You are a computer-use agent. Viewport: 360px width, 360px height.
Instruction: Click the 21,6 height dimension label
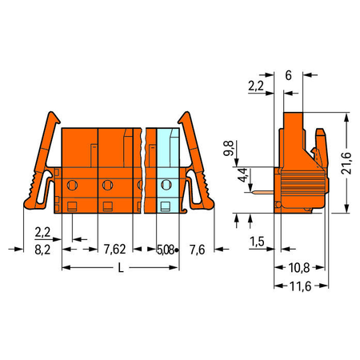pyautogui.click(x=346, y=163)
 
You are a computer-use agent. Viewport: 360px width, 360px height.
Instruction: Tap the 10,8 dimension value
pyautogui.click(x=299, y=268)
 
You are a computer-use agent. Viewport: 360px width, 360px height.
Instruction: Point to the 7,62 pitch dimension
pyautogui.click(x=114, y=250)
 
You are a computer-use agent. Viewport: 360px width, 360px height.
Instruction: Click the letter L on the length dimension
pyautogui.click(x=121, y=268)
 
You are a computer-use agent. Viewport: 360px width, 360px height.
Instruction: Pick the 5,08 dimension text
pyautogui.click(x=166, y=250)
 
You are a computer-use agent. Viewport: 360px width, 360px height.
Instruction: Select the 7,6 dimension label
pyautogui.click(x=198, y=250)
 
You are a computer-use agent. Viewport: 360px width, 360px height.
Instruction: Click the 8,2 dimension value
pyautogui.click(x=42, y=250)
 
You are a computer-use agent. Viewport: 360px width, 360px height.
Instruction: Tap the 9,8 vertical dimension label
pyautogui.click(x=229, y=148)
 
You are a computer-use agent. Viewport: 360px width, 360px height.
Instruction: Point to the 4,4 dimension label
pyautogui.click(x=242, y=175)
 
